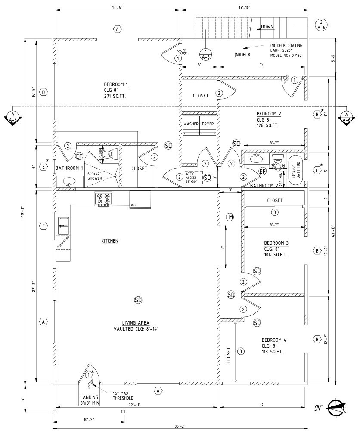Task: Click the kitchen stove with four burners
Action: [x=103, y=199]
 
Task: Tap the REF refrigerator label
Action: [x=133, y=206]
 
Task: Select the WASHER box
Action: [x=191, y=124]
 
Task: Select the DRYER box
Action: [x=208, y=124]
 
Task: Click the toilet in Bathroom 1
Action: [x=112, y=153]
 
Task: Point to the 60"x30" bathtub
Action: [x=295, y=170]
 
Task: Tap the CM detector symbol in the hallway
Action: [x=230, y=217]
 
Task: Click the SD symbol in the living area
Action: [x=138, y=300]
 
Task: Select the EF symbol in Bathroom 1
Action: [x=79, y=156]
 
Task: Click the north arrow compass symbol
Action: [x=336, y=407]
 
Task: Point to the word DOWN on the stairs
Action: [x=267, y=27]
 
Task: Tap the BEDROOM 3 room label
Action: [x=276, y=243]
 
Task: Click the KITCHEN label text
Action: [x=109, y=241]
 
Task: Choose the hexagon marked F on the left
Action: [x=43, y=226]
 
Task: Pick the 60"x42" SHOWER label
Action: [x=94, y=175]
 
